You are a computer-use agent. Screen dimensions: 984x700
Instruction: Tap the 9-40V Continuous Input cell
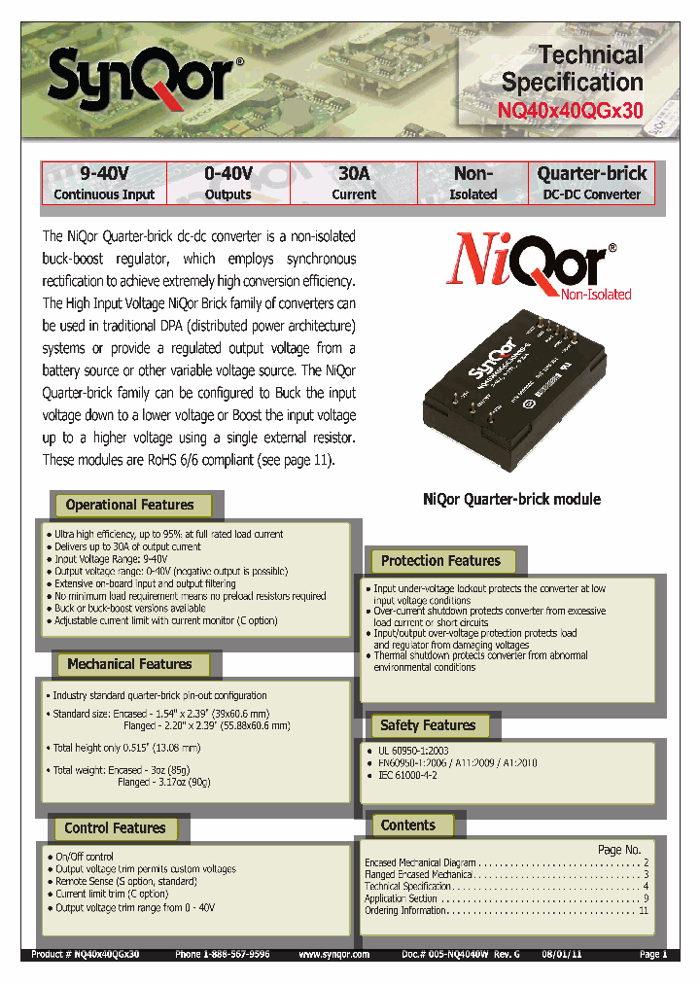104,183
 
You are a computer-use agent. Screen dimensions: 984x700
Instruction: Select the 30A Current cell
354,183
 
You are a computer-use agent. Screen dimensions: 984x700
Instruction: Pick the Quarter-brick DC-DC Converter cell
591,183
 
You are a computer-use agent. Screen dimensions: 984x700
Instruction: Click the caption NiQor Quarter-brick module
511,499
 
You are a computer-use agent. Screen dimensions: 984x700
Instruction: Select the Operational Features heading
129,505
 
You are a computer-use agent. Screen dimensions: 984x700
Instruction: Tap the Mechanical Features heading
129,664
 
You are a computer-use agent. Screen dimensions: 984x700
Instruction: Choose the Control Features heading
115,828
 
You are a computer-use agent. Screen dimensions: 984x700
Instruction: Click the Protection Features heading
440,561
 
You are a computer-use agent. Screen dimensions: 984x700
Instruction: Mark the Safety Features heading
428,725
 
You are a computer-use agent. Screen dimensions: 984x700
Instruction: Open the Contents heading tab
408,826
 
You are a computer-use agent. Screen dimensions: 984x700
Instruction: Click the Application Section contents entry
401,898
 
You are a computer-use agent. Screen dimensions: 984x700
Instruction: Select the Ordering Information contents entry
405,911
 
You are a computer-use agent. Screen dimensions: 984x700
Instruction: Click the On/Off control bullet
85,857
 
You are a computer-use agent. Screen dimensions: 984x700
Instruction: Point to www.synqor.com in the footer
334,955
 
